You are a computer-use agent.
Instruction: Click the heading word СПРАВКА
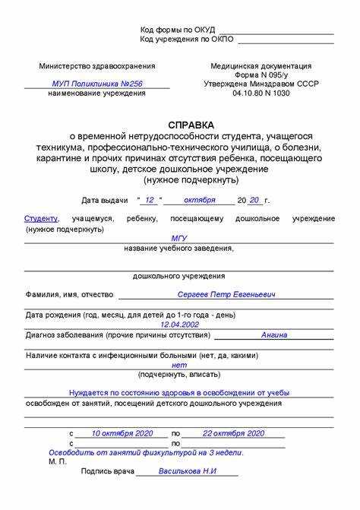point(191,125)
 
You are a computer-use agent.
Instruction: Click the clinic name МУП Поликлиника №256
point(96,84)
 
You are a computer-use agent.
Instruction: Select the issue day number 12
point(150,200)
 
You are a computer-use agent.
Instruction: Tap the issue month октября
point(198,200)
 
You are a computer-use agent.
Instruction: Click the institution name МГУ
point(179,238)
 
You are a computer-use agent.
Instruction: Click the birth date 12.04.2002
point(180,323)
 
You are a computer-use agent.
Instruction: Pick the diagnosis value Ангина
point(274,334)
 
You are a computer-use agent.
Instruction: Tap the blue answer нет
point(179,365)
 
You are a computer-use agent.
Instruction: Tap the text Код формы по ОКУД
point(178,30)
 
